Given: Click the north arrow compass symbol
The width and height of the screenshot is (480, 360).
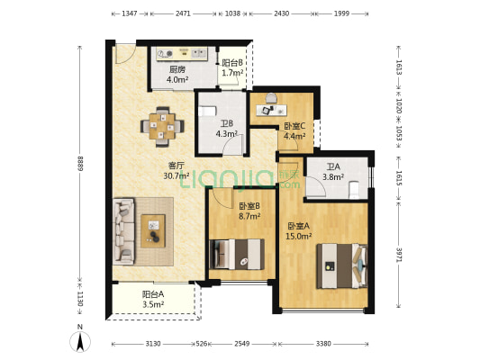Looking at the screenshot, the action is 80,341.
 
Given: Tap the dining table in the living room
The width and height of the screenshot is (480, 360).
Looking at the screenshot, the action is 162,126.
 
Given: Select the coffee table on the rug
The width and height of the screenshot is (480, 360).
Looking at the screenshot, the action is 153,231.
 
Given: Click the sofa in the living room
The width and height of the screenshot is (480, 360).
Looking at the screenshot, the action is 123,231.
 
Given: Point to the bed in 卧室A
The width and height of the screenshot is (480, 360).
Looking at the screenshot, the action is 341,266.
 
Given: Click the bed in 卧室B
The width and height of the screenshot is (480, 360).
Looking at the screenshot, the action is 237,254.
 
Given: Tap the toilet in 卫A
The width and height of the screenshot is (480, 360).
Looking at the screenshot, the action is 354,189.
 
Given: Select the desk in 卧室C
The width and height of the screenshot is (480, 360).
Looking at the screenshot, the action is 272,111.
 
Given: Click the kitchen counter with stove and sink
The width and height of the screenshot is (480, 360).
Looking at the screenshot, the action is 182,54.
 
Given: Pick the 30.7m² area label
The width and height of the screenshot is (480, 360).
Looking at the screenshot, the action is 177,175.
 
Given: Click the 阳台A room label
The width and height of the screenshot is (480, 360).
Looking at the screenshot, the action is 153,294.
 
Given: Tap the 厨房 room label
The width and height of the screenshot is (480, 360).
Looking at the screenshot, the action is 177,69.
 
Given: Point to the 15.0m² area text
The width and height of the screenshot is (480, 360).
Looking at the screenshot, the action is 298,236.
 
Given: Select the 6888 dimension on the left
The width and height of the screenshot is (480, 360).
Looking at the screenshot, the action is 80,163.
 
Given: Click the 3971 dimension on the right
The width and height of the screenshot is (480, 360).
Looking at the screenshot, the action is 399,255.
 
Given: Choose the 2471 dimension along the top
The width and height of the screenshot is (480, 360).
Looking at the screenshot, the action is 183,13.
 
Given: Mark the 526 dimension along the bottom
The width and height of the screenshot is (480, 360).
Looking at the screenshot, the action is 202,344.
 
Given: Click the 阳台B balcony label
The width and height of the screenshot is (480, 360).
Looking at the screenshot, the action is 232,63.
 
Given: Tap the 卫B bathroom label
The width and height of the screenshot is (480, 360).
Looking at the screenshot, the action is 227,123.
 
